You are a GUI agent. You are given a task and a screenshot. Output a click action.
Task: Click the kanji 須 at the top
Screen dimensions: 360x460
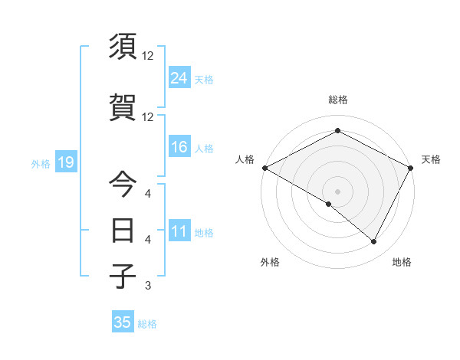point(123,47)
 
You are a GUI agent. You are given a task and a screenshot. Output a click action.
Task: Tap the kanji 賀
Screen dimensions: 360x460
point(123,107)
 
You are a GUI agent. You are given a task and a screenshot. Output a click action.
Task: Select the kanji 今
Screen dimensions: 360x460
point(123,185)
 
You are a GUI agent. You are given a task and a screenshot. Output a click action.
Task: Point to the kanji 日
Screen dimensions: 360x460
point(123,230)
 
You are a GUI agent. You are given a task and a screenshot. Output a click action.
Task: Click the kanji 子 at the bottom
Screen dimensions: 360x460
point(123,276)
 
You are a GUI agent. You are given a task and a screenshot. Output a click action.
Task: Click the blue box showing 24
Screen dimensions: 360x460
point(179,77)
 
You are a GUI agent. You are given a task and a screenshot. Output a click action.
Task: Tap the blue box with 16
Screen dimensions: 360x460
point(179,147)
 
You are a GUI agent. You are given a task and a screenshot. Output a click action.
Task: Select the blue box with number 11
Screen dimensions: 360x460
point(179,231)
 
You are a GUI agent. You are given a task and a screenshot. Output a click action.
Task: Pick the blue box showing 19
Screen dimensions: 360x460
point(64,162)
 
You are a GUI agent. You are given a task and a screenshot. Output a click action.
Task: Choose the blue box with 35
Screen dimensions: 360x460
point(123,322)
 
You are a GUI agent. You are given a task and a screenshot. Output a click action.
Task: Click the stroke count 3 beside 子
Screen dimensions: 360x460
point(147,286)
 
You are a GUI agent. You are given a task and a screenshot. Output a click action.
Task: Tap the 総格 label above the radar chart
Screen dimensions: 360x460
point(337,100)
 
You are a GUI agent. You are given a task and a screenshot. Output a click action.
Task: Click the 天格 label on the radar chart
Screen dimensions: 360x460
point(431,159)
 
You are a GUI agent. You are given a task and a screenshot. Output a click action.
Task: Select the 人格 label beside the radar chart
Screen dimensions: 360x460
point(245,159)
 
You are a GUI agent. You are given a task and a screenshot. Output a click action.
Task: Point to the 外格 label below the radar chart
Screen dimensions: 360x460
point(270,262)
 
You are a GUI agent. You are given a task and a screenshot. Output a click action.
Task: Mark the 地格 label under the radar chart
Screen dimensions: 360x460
point(402,262)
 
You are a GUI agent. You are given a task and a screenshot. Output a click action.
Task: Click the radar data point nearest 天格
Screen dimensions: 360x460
point(411,168)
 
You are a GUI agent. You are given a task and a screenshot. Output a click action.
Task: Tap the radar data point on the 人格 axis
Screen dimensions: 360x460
point(264,168)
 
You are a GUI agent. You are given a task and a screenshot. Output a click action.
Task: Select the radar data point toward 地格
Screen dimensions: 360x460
point(374,242)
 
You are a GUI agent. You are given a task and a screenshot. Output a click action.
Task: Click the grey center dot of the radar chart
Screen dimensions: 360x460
point(337,191)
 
